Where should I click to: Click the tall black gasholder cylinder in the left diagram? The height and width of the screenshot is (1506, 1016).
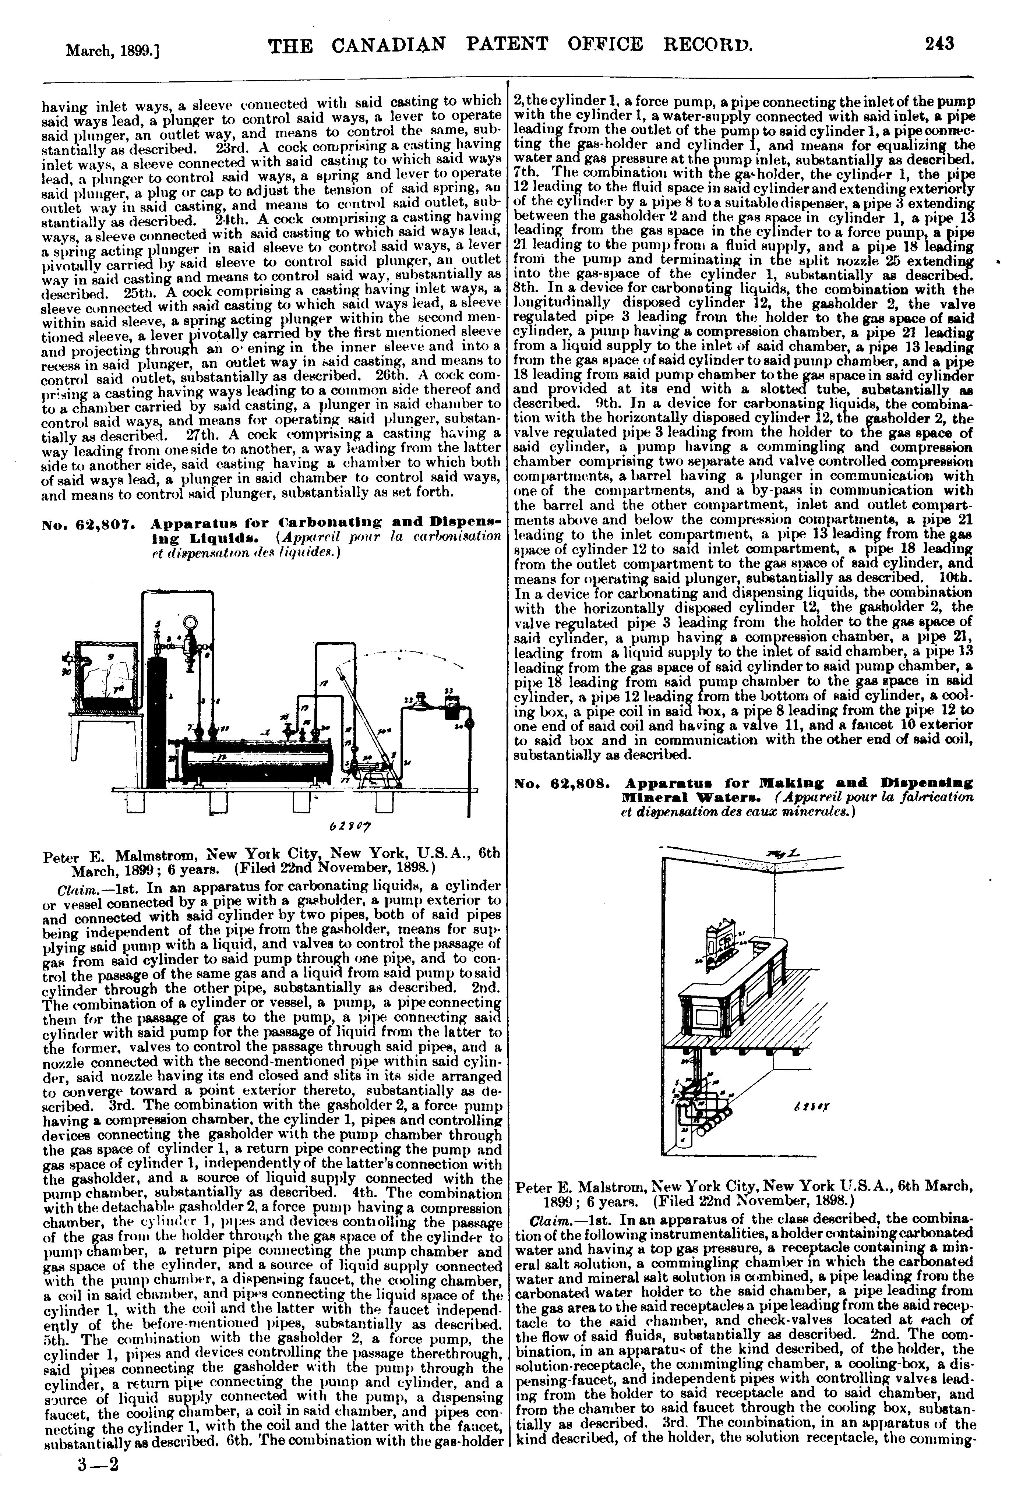coord(155,719)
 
